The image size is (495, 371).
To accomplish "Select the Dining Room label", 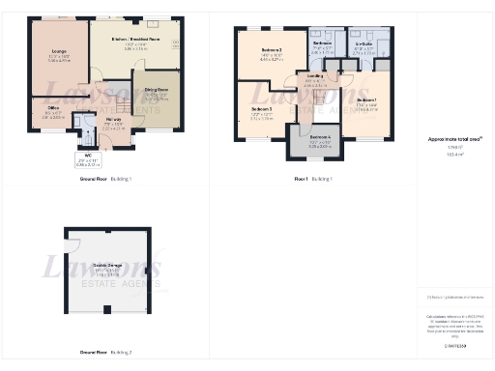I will click(x=156, y=94).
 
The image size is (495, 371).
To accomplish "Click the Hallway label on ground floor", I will click(x=113, y=122).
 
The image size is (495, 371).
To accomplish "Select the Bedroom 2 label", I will click(x=272, y=50).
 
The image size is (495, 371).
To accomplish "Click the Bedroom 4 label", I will click(x=320, y=139).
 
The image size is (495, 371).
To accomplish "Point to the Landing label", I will click(x=315, y=76).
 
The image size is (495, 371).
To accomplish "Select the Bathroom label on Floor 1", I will click(x=322, y=44).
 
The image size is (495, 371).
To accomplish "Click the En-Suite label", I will click(x=364, y=44).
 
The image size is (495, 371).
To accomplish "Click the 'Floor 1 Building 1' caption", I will click(x=313, y=179).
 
